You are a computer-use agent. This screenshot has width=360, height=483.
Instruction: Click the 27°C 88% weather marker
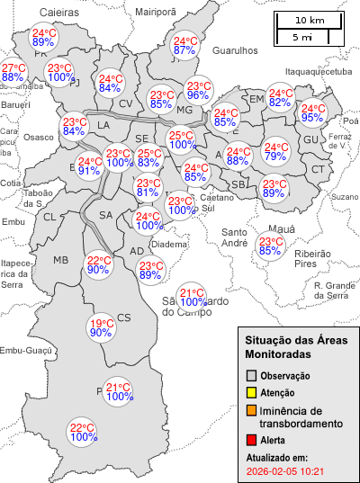pyautogui.click(x=13, y=73)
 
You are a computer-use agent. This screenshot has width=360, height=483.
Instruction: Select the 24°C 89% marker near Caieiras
pyautogui.click(x=44, y=37)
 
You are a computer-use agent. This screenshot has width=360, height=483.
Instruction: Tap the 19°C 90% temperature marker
pyautogui.click(x=101, y=328)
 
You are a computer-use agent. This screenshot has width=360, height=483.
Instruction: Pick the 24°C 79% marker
pyautogui.click(x=275, y=153)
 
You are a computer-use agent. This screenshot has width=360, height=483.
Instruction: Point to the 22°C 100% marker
pyautogui.click(x=83, y=432)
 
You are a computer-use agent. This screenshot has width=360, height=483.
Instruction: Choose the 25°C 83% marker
pyautogui.click(x=149, y=158)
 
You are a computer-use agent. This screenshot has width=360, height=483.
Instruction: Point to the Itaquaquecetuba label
pyautogui.click(x=318, y=70)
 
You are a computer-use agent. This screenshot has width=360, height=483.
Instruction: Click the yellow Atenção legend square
pyautogui.click(x=252, y=392)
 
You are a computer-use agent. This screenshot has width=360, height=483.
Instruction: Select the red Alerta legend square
pyautogui.click(x=252, y=441)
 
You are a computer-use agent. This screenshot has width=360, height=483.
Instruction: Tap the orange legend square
pyautogui.click(x=252, y=411)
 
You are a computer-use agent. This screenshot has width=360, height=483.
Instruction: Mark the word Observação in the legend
pyautogui.click(x=285, y=375)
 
